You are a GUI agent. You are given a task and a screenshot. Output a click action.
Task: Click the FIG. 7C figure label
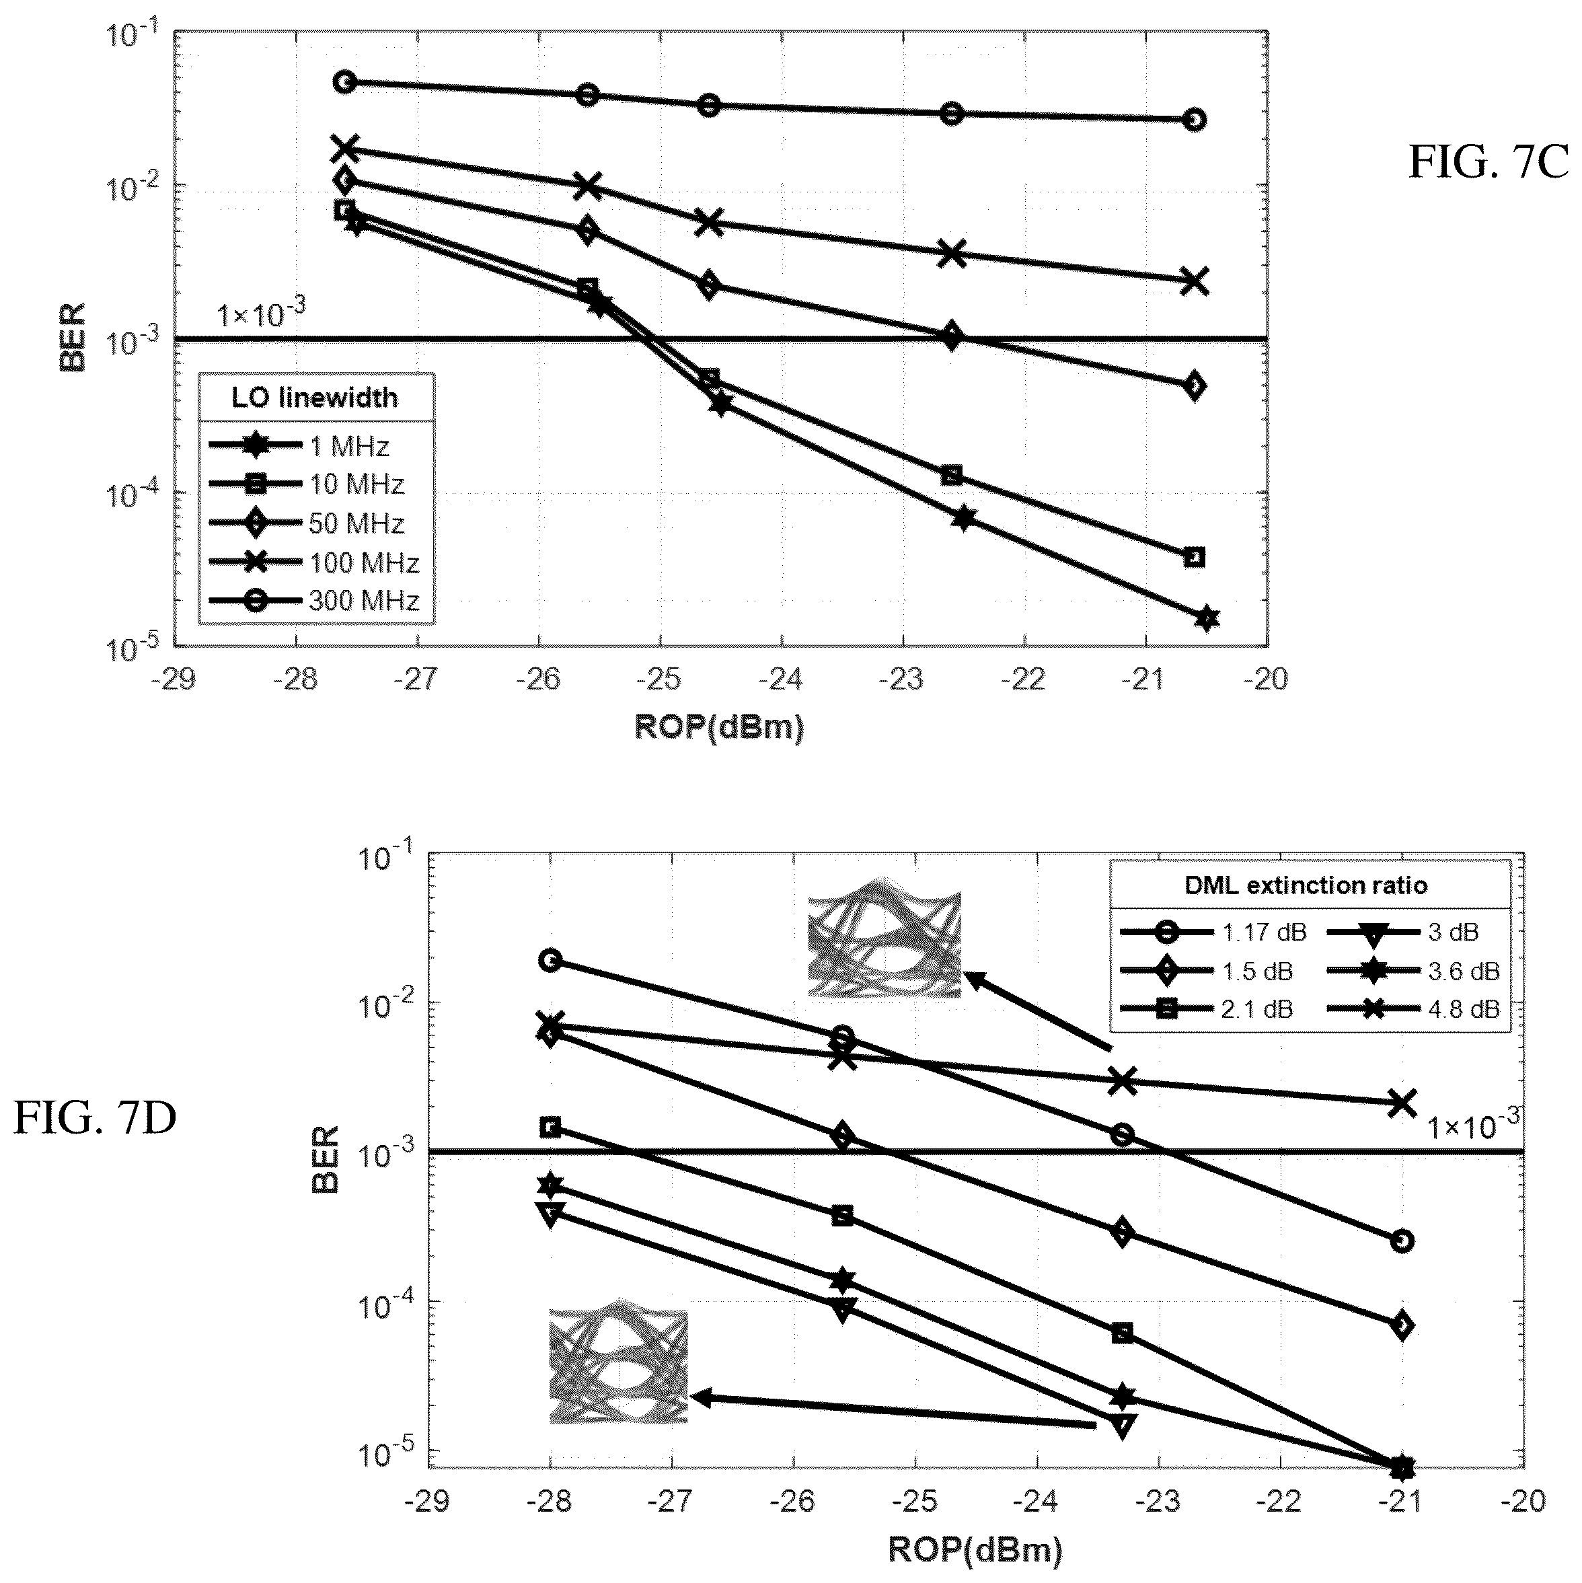pyautogui.click(x=1488, y=162)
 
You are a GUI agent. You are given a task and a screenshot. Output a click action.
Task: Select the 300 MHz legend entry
pyautogui.click(x=315, y=601)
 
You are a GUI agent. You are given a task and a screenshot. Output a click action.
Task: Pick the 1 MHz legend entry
pyautogui.click(x=299, y=446)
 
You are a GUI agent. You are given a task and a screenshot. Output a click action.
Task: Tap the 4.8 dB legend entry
pyautogui.click(x=1414, y=1008)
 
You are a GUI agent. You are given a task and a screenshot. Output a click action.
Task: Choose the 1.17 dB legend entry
pyautogui.click(x=1213, y=932)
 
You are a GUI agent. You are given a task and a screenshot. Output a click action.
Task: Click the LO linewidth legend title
pyautogui.click(x=315, y=398)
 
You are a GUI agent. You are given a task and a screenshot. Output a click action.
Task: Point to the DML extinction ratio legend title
pyautogui.click(x=1306, y=885)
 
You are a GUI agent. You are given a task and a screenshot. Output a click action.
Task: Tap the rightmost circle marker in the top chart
pyautogui.click(x=1195, y=120)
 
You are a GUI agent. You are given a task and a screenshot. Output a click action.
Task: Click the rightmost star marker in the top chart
pyautogui.click(x=1207, y=619)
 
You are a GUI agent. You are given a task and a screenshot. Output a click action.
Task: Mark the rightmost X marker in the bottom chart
pyautogui.click(x=1402, y=1103)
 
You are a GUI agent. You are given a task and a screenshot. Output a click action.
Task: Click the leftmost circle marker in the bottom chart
pyautogui.click(x=551, y=960)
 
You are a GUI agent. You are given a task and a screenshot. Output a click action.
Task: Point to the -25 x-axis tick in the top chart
pyautogui.click(x=661, y=679)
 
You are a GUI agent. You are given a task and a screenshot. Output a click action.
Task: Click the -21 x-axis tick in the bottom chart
pyautogui.click(x=1402, y=1501)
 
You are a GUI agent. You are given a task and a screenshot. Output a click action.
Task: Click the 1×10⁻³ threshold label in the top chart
pyautogui.click(x=262, y=312)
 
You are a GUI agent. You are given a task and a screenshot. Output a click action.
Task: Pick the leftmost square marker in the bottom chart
pyautogui.click(x=551, y=1128)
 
